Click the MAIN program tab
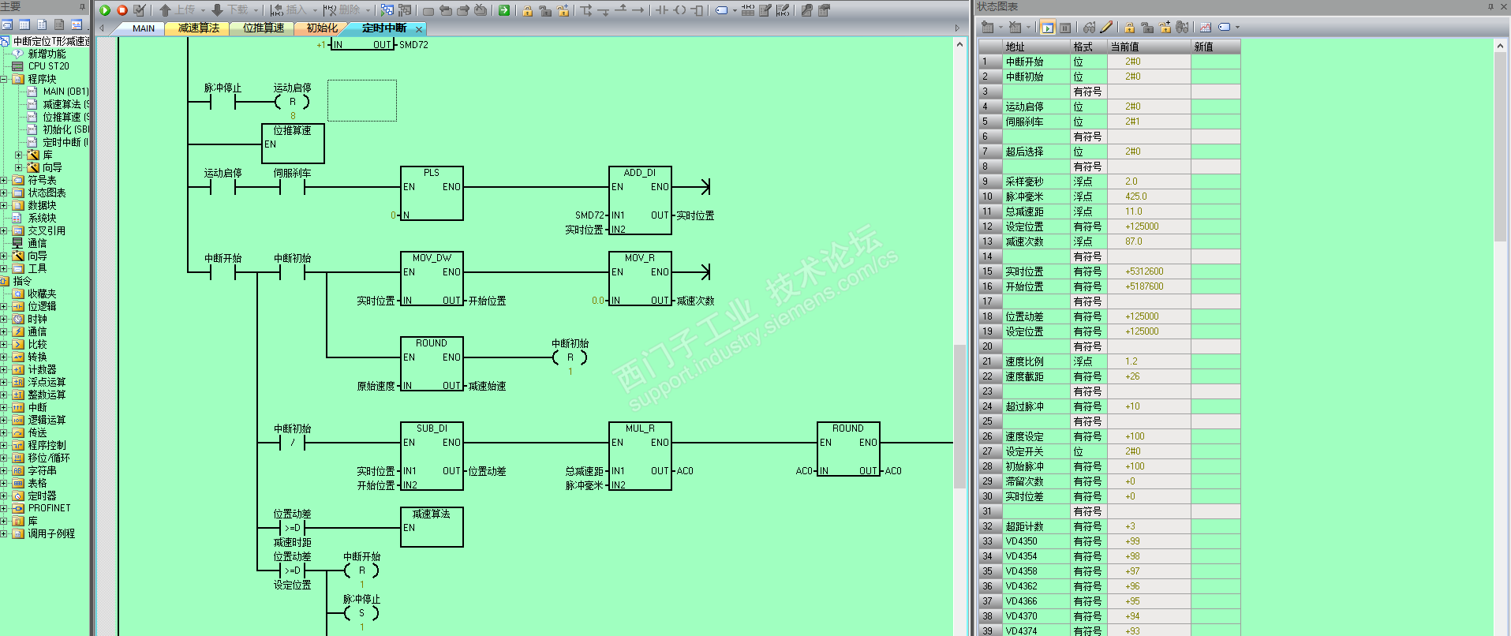pyautogui.click(x=143, y=28)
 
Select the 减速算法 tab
pyautogui.click(x=198, y=28)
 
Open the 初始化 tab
pyautogui.click(x=322, y=28)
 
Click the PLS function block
pyautogui.click(x=431, y=193)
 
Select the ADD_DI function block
pyautogui.click(x=639, y=200)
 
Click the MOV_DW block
pyautogui.click(x=431, y=279)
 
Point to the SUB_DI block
pyautogui.click(x=431, y=456)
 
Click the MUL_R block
pyautogui.click(x=639, y=456)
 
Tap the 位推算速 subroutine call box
pyautogui.click(x=293, y=143)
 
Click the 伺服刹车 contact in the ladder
pyautogui.click(x=292, y=187)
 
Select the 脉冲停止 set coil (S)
pyautogui.click(x=361, y=613)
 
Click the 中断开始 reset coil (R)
pyautogui.click(x=361, y=571)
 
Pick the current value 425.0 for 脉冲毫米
pyautogui.click(x=1136, y=196)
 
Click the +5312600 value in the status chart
pyautogui.click(x=1144, y=271)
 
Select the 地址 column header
pyautogui.click(x=1015, y=47)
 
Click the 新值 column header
pyautogui.click(x=1203, y=47)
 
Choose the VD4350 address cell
pyautogui.click(x=1022, y=541)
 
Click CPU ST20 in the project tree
pyautogui.click(x=48, y=66)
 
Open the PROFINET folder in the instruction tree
pyautogui.click(x=49, y=508)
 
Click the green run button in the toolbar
pyautogui.click(x=105, y=10)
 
